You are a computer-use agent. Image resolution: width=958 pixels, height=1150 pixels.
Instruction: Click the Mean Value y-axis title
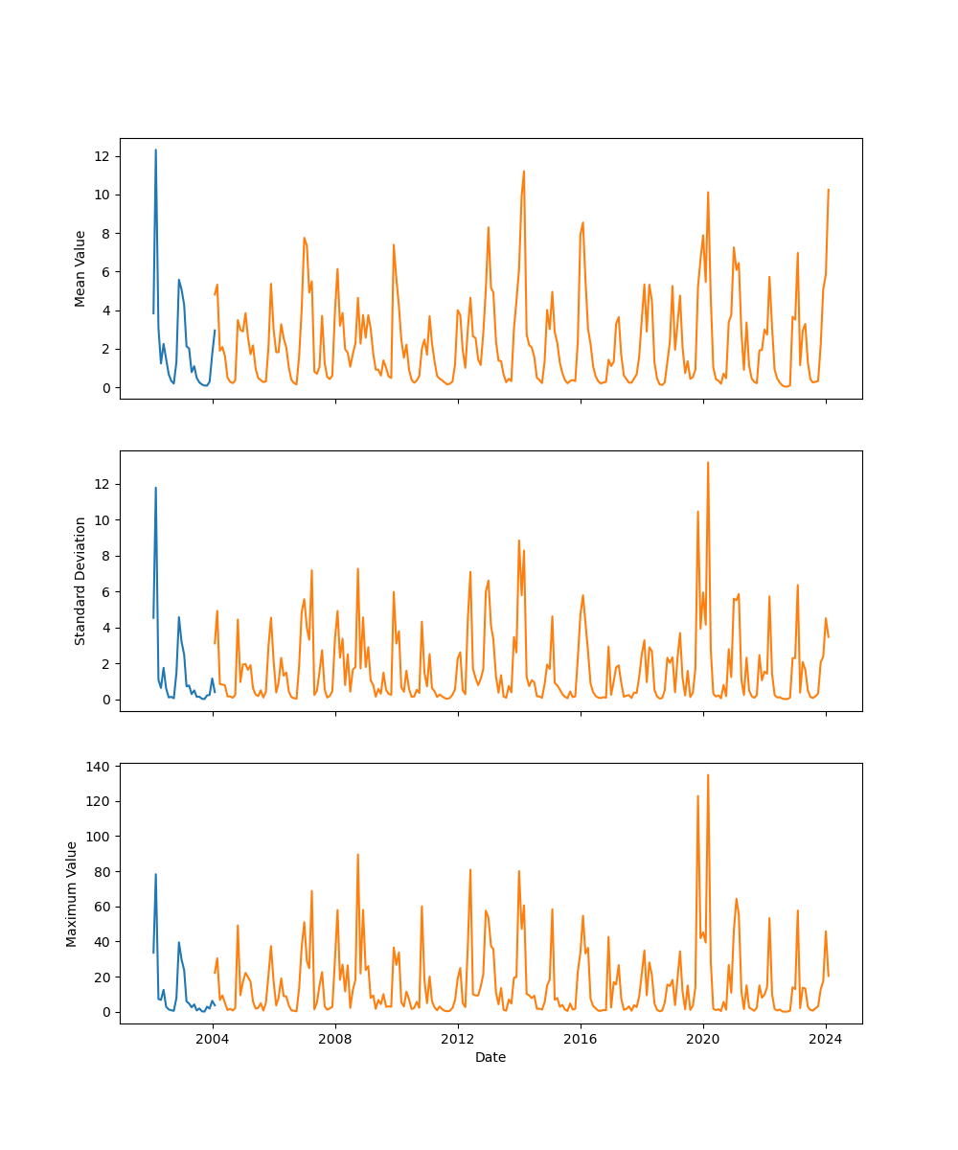(80, 268)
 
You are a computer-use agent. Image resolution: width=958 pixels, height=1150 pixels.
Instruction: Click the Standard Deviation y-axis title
(80, 581)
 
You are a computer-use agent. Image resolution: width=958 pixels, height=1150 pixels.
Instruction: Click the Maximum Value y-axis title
(72, 893)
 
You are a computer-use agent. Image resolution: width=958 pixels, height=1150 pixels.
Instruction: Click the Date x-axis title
(490, 1057)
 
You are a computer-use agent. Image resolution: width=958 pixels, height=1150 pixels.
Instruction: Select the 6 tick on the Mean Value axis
(106, 272)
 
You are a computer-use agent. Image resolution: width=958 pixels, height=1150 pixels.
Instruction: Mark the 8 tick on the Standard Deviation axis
(106, 556)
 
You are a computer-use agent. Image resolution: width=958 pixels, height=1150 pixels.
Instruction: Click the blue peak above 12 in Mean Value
(155, 150)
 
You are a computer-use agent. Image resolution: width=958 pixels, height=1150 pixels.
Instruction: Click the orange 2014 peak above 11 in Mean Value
(524, 172)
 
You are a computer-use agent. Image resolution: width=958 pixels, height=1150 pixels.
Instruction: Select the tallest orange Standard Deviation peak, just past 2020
(708, 463)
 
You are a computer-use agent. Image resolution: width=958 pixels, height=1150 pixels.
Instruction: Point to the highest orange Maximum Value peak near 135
(708, 775)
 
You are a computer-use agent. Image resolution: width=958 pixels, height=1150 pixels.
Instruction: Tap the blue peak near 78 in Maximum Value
(155, 874)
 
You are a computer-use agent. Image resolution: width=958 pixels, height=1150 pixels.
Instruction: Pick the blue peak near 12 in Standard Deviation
(155, 488)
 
